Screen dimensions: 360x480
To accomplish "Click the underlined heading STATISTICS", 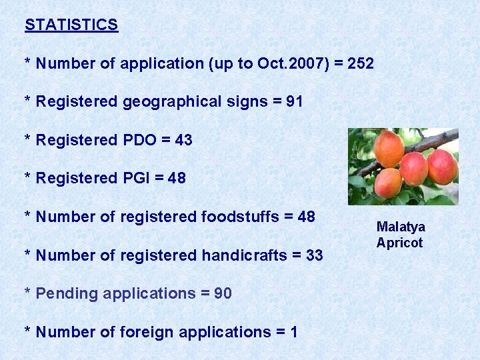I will pyautogui.click(x=71, y=25).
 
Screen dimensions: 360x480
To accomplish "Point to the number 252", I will pyautogui.click(x=361, y=64).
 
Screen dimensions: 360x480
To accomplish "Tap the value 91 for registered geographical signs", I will pyautogui.click(x=294, y=102).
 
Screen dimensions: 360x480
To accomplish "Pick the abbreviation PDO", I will pyautogui.click(x=138, y=140).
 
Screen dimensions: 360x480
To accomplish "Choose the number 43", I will pyautogui.click(x=183, y=140).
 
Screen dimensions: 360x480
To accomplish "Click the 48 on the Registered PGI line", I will pyautogui.click(x=177, y=178).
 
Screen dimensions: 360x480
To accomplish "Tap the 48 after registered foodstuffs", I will pyautogui.click(x=306, y=217).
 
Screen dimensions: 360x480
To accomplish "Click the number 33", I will pyautogui.click(x=314, y=255).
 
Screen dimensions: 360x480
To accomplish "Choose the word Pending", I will pyautogui.click(x=62, y=293).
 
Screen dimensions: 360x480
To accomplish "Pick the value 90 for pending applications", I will pyautogui.click(x=223, y=293).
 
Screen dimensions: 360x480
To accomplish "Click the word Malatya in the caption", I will pyautogui.click(x=401, y=227).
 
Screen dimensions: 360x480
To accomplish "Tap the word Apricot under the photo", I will pyautogui.click(x=399, y=243).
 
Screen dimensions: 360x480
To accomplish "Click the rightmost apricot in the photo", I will pyautogui.click(x=442, y=167).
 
